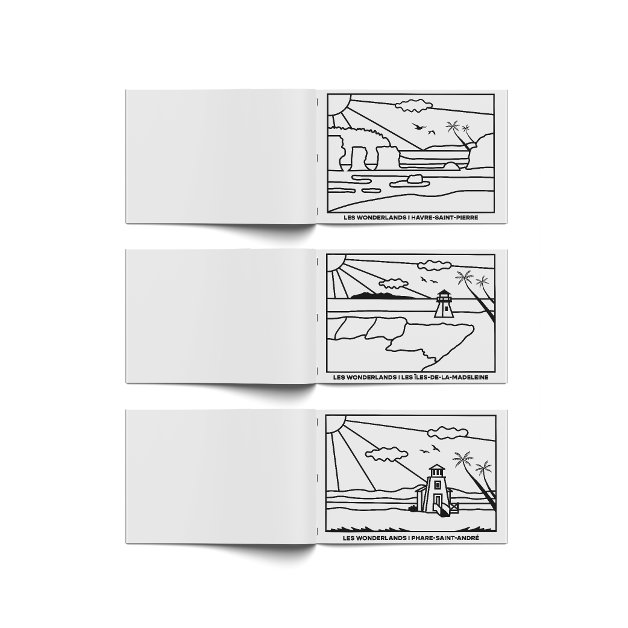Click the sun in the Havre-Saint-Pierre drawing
[338, 104]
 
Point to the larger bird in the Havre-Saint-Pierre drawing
[417, 127]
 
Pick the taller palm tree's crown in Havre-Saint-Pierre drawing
[453, 127]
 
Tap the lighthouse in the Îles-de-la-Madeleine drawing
[442, 304]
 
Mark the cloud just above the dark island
[393, 283]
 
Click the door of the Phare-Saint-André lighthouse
[438, 501]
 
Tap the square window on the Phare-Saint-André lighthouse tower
[436, 482]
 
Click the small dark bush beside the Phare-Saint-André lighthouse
[412, 508]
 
